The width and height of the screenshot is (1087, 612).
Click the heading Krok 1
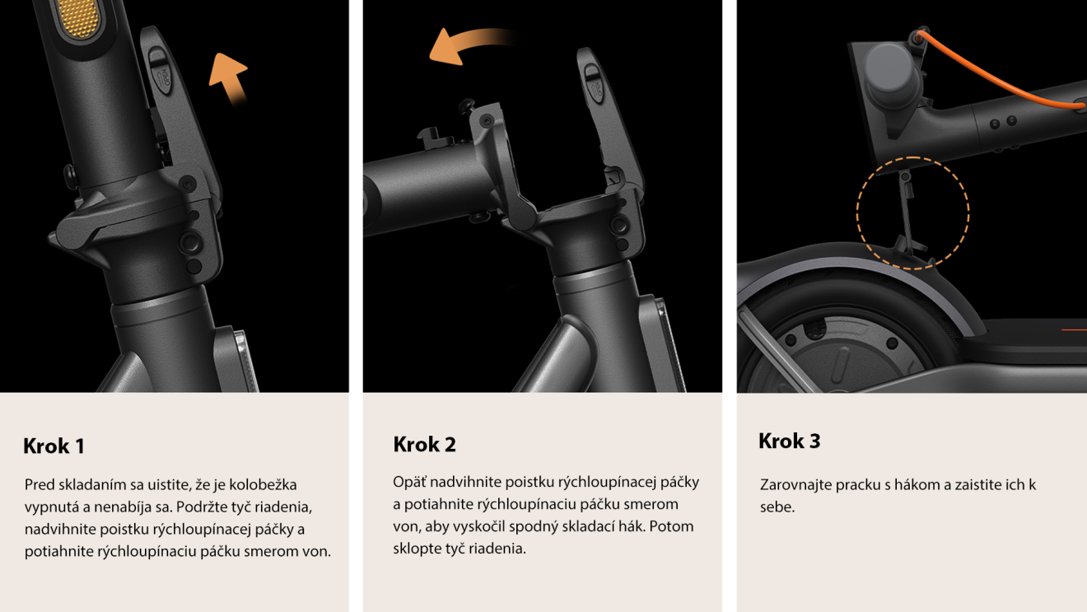click(x=54, y=446)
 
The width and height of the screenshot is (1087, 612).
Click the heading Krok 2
click(x=424, y=445)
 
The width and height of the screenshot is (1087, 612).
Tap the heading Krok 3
click(x=789, y=441)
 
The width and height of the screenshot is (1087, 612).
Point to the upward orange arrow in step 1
click(x=228, y=78)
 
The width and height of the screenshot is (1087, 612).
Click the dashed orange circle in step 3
click(x=912, y=213)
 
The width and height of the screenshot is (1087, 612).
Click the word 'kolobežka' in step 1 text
click(x=264, y=484)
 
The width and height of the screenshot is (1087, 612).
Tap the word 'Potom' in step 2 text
click(x=671, y=526)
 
